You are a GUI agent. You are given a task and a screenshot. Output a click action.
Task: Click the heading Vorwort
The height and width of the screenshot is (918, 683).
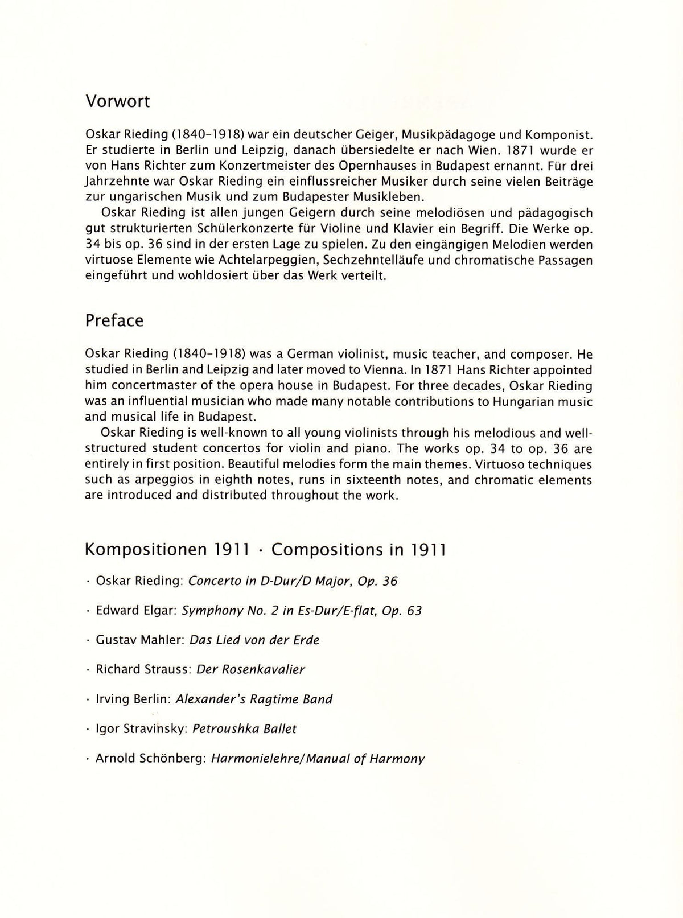(x=117, y=102)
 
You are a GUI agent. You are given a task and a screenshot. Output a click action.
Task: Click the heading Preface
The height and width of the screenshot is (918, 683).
(x=114, y=320)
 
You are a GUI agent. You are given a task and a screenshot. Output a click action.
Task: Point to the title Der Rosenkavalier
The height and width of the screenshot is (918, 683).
(x=250, y=669)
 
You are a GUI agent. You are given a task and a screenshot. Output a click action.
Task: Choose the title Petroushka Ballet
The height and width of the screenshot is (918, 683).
(x=245, y=728)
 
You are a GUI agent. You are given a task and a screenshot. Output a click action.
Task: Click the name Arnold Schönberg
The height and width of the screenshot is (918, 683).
(x=150, y=759)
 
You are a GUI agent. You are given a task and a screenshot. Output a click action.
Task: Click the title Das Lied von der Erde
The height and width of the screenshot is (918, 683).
(x=254, y=640)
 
